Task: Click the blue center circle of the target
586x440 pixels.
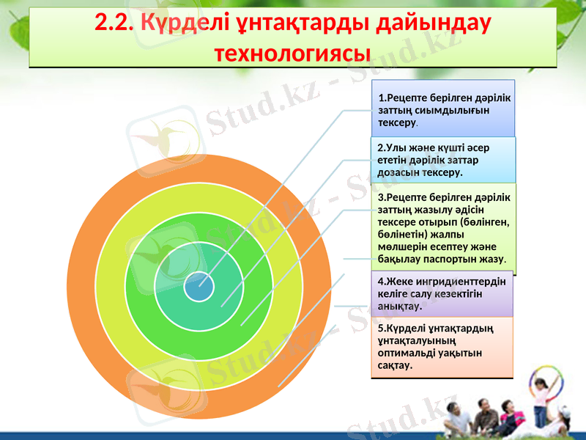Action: point(199,286)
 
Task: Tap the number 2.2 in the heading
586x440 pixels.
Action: point(111,23)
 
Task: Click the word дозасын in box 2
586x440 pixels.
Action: point(395,172)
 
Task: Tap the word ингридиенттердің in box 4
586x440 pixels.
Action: point(455,281)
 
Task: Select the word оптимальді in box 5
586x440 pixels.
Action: point(402,352)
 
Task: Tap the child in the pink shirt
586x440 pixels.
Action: point(541,400)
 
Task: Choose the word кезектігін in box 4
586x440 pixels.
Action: point(456,293)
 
